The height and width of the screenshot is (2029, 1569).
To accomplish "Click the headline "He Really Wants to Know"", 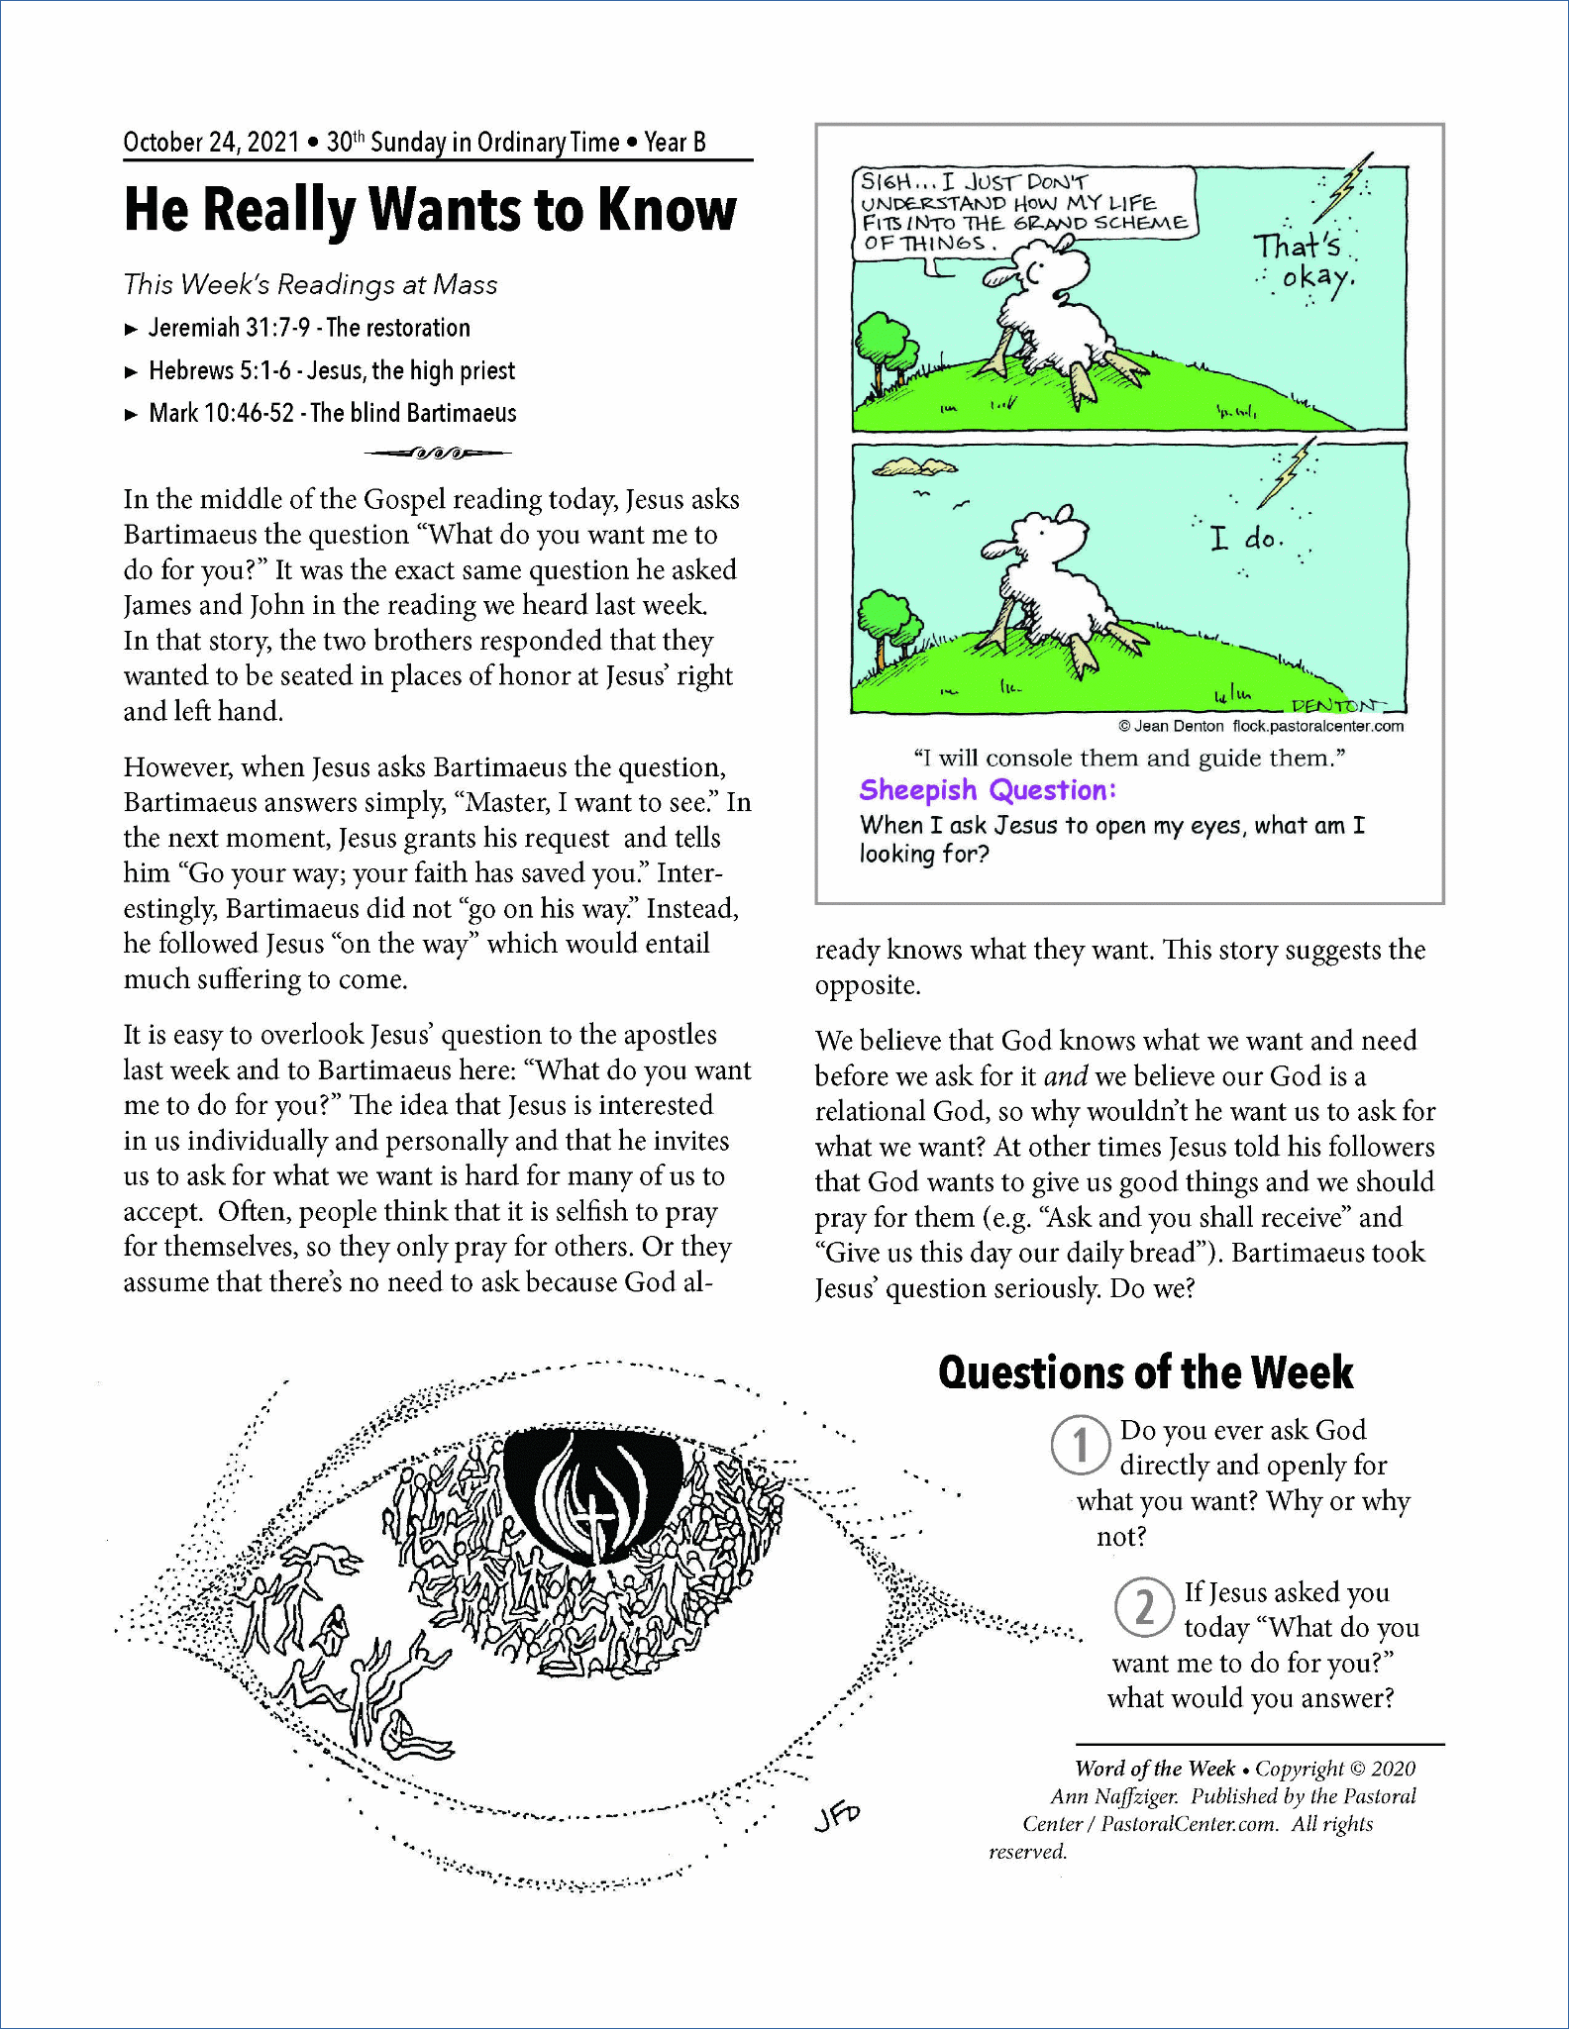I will tap(430, 210).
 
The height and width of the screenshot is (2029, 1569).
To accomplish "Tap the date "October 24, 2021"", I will tap(211, 143).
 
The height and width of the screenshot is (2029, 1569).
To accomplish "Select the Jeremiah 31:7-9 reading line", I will tap(308, 328).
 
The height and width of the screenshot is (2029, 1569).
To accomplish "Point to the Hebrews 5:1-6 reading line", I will tap(331, 370).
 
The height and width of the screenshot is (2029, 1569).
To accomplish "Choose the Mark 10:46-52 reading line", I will tap(332, 413).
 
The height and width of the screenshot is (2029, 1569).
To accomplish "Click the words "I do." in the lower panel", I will tap(1247, 539).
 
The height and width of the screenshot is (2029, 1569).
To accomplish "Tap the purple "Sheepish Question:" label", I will tap(988, 790).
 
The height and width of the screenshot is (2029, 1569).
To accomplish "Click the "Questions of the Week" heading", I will tap(1145, 1372).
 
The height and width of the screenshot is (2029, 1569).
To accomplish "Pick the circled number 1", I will tap(1080, 1445).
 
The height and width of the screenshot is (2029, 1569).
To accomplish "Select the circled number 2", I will tap(1144, 1606).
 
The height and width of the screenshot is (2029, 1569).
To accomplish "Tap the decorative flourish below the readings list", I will tap(437, 454).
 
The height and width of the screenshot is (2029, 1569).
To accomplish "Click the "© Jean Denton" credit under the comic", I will tap(1171, 726).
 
